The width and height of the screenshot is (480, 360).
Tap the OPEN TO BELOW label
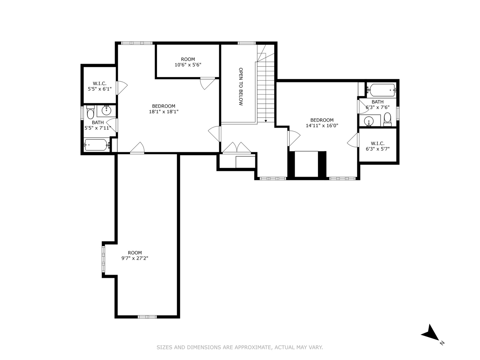click(x=241, y=87)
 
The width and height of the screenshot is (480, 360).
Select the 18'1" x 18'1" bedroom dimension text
click(x=164, y=112)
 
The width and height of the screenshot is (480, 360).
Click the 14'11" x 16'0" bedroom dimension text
click(x=322, y=126)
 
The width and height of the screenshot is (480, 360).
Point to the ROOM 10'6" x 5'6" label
click(x=188, y=62)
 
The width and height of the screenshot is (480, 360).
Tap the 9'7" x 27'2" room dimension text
click(x=135, y=258)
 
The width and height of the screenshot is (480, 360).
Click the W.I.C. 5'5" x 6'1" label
click(x=100, y=86)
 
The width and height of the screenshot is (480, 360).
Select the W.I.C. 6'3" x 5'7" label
click(x=378, y=146)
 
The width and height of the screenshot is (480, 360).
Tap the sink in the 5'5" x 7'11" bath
click(x=107, y=110)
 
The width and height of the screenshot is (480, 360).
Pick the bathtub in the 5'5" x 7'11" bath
click(x=96, y=145)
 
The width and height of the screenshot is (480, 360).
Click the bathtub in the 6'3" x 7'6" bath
click(x=382, y=90)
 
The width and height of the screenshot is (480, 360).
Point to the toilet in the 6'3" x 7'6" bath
click(x=387, y=119)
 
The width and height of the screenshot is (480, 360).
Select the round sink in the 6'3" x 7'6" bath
click(x=369, y=121)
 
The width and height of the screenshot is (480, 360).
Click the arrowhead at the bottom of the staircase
click(x=266, y=121)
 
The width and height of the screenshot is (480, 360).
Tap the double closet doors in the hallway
click(x=236, y=148)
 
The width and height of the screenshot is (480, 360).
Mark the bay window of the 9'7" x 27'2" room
click(x=104, y=259)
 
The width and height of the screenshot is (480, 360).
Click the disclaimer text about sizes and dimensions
click(x=240, y=347)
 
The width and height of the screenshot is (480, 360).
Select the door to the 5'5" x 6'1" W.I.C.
click(x=122, y=87)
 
